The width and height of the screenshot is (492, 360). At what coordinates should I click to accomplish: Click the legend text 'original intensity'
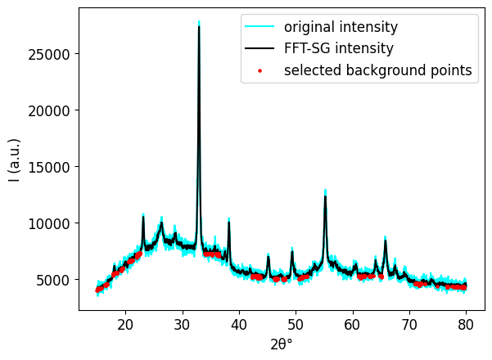point(341,27)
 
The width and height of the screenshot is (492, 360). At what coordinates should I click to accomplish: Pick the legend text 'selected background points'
point(377,71)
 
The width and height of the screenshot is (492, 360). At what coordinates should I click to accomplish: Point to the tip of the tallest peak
point(199,24)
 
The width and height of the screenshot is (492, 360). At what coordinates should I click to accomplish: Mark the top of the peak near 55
point(325,194)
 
